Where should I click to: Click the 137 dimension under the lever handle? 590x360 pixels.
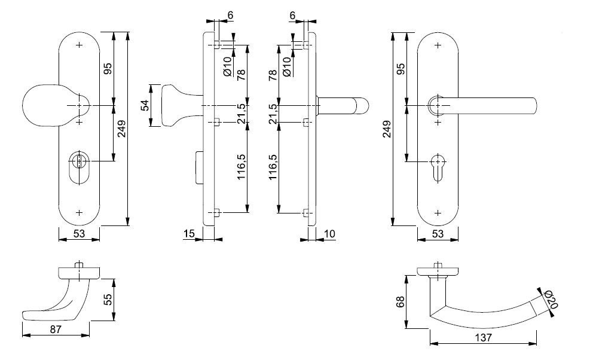(x=483, y=337)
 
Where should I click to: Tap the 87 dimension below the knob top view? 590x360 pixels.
(x=56, y=329)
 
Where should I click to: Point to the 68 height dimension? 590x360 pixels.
(x=401, y=301)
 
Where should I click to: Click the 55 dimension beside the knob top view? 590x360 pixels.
(x=108, y=300)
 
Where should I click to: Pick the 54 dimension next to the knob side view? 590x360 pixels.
(x=145, y=105)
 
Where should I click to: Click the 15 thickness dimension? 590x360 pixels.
(x=189, y=233)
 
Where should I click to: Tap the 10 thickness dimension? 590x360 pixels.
(x=329, y=234)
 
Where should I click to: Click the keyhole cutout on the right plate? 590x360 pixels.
(x=438, y=167)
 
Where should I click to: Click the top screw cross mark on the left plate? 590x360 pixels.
(x=79, y=45)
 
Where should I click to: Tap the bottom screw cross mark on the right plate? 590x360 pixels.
(x=438, y=213)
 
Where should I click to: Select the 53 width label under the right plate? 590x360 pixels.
(x=438, y=234)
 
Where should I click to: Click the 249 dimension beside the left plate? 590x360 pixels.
(x=122, y=129)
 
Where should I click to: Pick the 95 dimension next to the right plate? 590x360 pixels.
(x=401, y=69)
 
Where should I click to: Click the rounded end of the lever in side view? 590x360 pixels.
(x=362, y=106)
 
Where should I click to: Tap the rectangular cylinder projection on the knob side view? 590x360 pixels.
(x=200, y=168)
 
